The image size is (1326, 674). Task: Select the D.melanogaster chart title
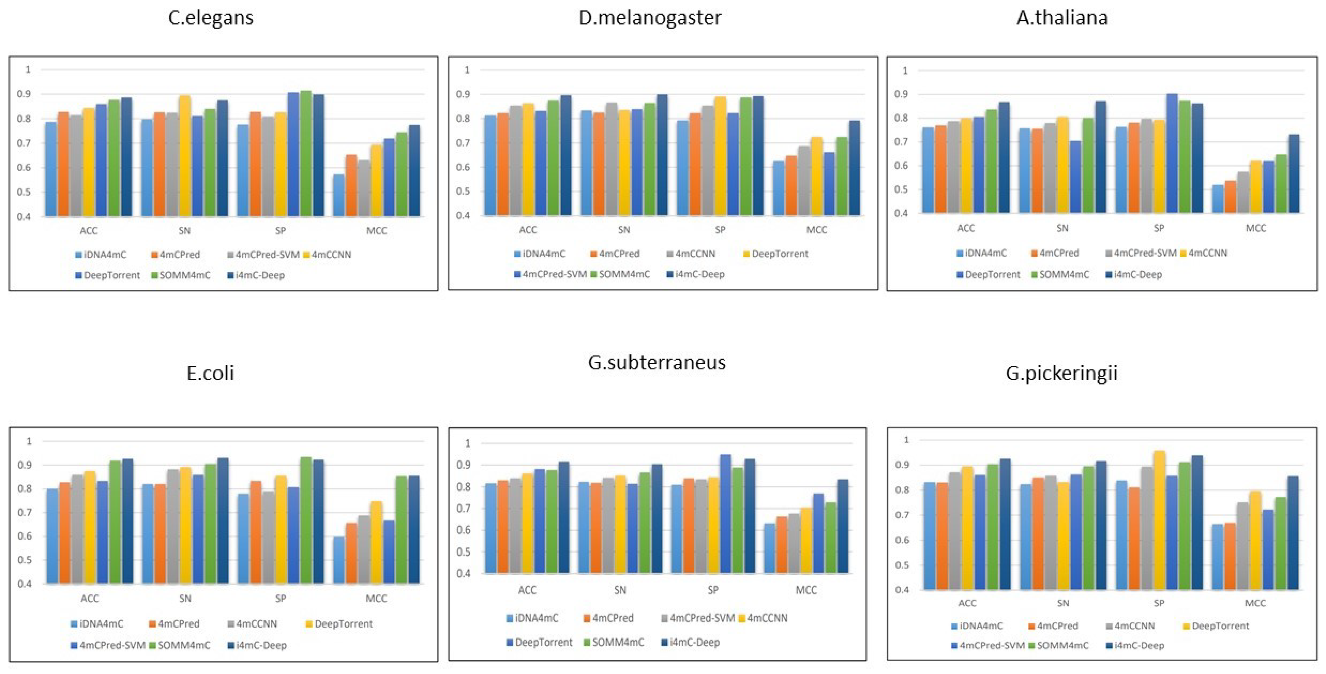(650, 18)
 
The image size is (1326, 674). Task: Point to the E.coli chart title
(210, 373)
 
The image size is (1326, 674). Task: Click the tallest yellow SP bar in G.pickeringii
(1159, 520)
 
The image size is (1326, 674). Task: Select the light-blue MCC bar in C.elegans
(339, 196)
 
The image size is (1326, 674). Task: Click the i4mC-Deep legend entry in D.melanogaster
(696, 274)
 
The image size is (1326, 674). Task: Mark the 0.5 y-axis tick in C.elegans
(24, 192)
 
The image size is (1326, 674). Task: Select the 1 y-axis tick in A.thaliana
(905, 70)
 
